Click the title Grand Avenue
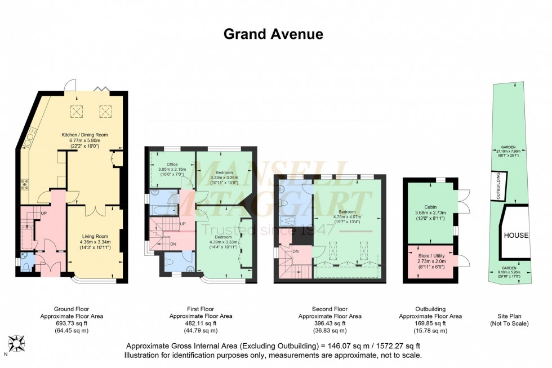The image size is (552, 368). click(x=273, y=34)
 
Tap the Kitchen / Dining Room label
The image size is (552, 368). click(x=84, y=135)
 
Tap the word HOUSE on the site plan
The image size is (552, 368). click(x=516, y=235)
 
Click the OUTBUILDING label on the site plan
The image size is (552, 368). click(x=497, y=184)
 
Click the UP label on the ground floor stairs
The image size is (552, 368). click(x=43, y=213)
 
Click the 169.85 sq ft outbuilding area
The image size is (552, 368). click(x=431, y=323)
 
